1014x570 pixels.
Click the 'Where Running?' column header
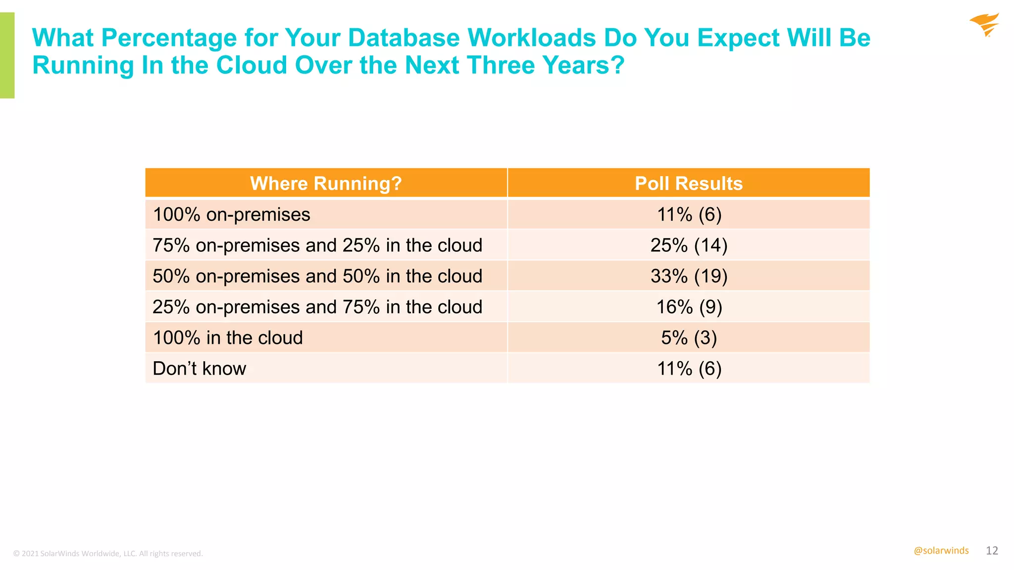coord(325,184)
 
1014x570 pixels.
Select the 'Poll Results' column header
coord(689,184)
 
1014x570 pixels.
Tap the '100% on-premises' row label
coord(231,215)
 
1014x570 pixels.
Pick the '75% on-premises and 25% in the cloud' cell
coord(317,245)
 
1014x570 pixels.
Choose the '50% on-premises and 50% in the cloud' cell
coord(317,276)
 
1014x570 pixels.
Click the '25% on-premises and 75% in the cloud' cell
coord(317,307)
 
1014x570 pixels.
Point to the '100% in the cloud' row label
coord(228,338)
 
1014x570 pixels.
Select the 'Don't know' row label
coord(199,369)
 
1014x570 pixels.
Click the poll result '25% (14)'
coord(689,245)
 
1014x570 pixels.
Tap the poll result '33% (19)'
coord(689,276)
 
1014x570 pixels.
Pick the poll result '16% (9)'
coord(689,307)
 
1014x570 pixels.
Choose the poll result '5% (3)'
coord(689,338)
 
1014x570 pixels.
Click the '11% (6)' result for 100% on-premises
coord(689,215)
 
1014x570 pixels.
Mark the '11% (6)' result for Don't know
coord(689,369)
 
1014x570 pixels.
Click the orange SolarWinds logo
coord(984,25)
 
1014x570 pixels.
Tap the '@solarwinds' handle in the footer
coord(941,551)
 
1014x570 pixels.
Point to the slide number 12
coord(992,551)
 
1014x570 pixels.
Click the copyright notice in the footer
coord(108,554)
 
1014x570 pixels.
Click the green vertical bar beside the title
coord(7,55)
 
